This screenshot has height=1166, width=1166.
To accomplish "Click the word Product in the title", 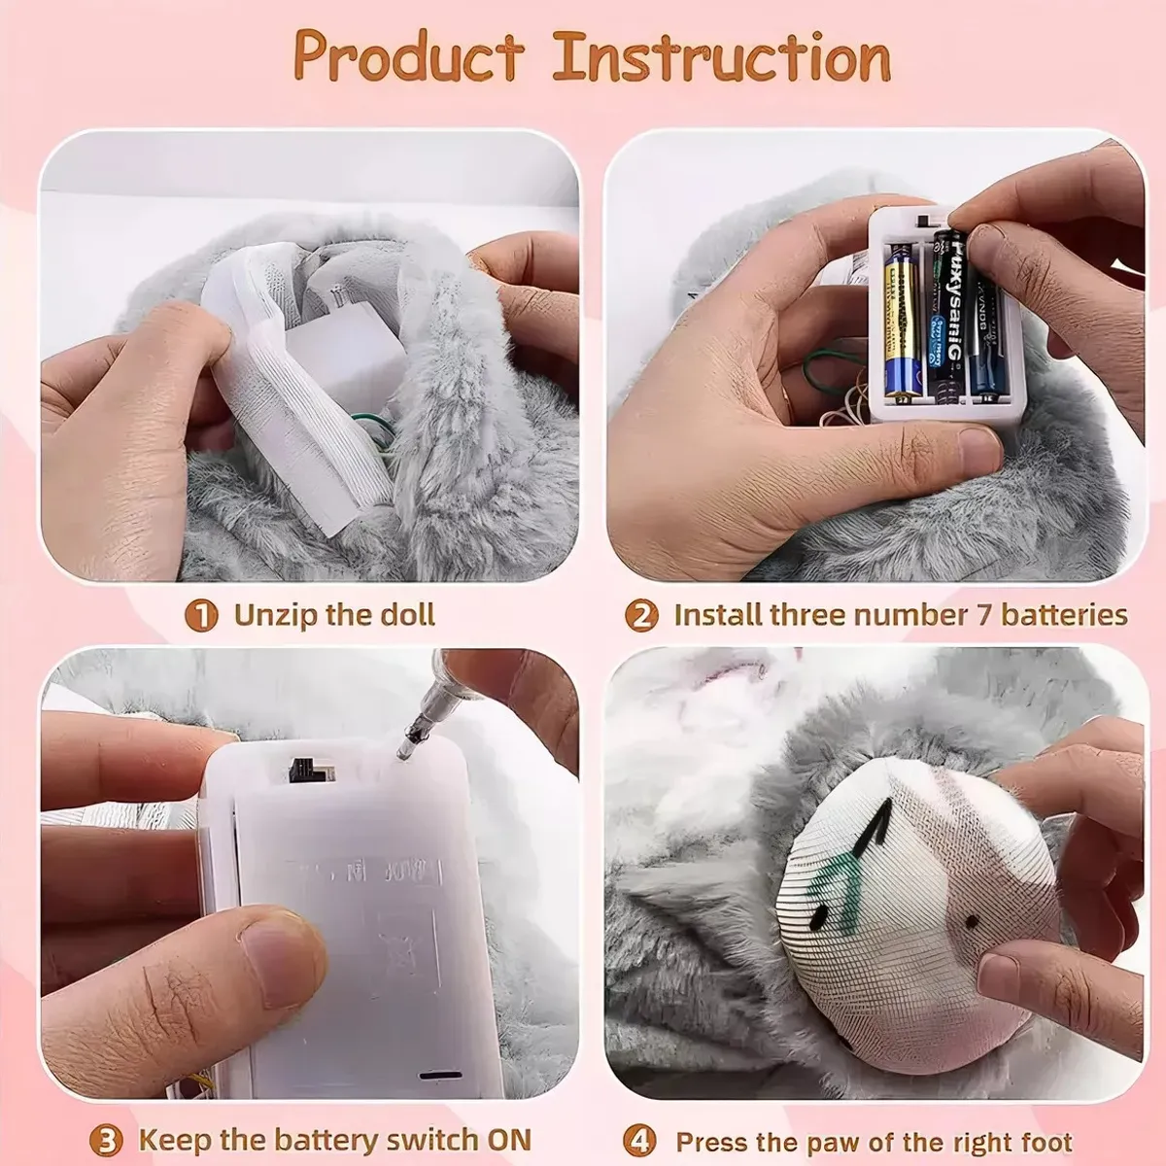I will coord(408,58).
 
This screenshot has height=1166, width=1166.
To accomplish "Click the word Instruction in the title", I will coord(722,58).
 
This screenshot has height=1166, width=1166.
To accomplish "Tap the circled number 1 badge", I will coord(201,616).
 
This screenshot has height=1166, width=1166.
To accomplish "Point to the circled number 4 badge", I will coord(638,1141).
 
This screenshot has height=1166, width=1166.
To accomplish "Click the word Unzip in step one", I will coord(274,615).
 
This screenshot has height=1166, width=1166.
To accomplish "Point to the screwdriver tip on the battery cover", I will coord(403,749).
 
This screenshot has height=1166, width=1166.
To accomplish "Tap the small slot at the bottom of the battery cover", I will coord(439,1077).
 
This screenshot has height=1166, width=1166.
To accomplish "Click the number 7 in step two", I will coord(982,615).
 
